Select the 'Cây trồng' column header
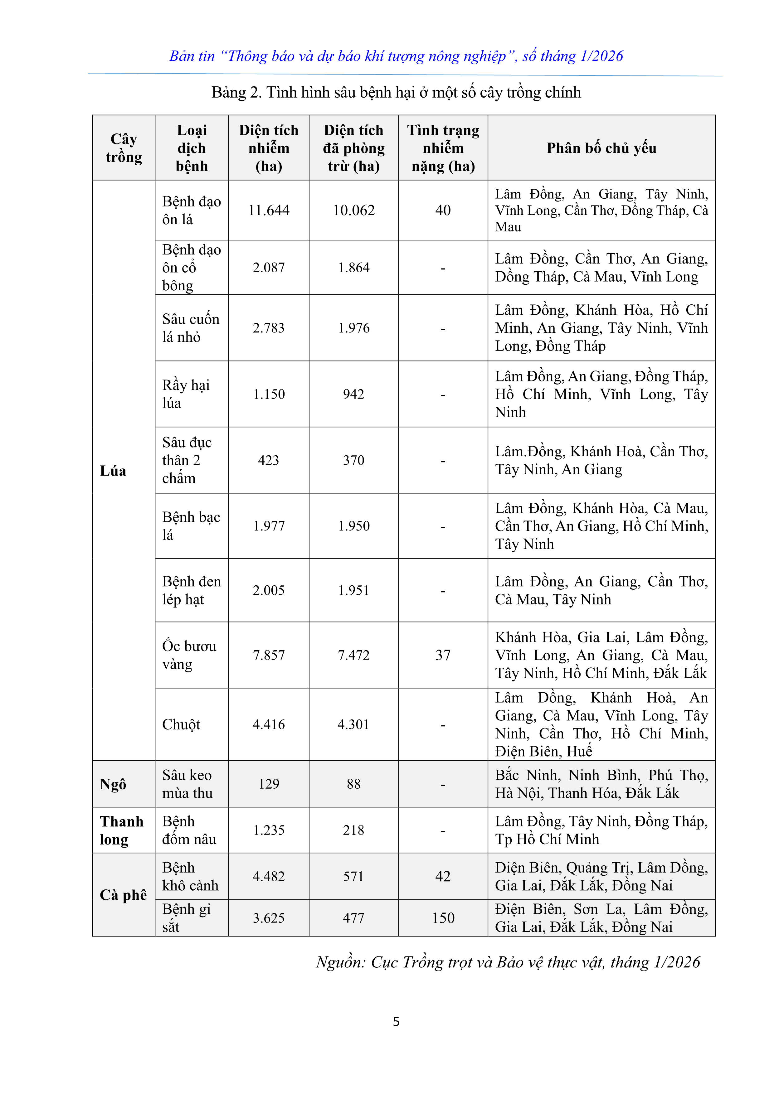click(x=124, y=148)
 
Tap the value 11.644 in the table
click(x=269, y=210)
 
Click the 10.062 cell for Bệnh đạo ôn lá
click(x=354, y=210)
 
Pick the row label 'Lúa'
click(x=113, y=471)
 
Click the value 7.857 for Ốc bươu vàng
click(x=269, y=655)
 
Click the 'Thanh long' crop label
click(x=122, y=830)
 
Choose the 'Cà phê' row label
click(x=123, y=895)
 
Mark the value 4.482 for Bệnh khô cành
click(x=269, y=876)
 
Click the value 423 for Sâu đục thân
click(x=269, y=460)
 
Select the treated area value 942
click(x=354, y=394)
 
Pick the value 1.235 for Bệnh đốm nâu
click(x=269, y=830)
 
